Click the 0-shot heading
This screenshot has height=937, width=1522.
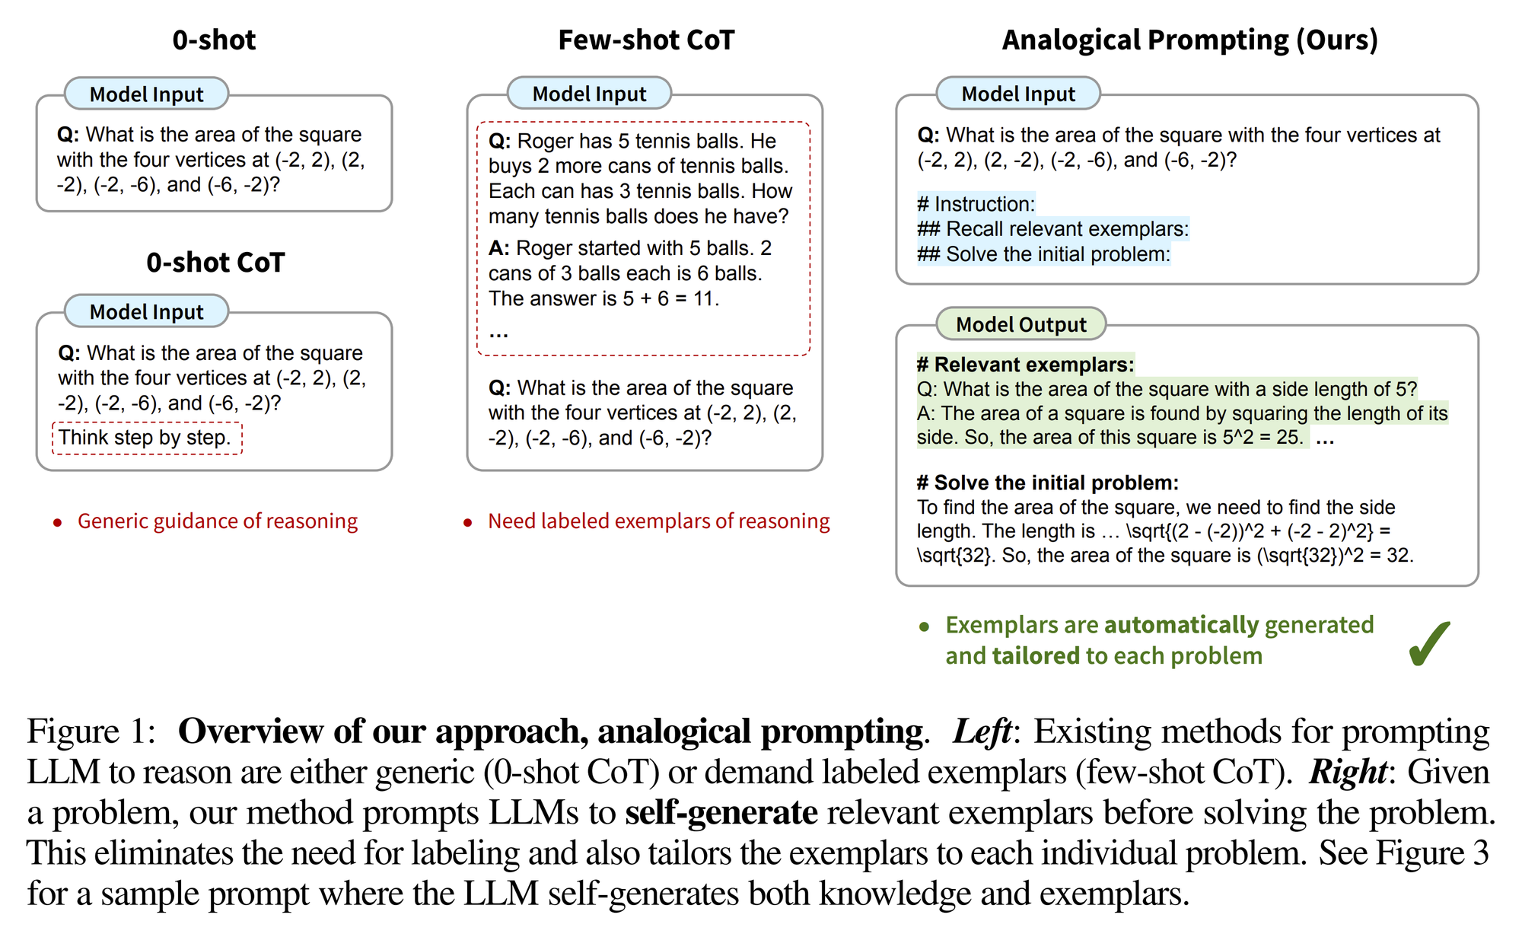214,40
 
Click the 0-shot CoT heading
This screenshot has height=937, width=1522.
215,263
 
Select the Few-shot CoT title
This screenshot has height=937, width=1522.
646,40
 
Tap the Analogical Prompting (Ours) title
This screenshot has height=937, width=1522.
1189,40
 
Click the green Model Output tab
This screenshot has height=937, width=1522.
1021,324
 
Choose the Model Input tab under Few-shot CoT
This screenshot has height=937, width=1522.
589,94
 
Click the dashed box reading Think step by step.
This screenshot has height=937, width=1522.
147,438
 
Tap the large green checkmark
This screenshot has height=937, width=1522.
1428,643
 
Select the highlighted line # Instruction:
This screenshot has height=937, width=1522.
976,204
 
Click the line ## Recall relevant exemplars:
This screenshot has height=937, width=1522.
1053,229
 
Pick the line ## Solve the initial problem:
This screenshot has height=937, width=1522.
1044,254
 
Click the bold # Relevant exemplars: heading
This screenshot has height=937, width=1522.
1026,365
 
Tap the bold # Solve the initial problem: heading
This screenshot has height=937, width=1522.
1048,483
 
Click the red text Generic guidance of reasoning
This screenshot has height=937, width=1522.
218,521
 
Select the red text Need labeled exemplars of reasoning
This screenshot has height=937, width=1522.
659,521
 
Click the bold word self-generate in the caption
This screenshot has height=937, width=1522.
721,812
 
